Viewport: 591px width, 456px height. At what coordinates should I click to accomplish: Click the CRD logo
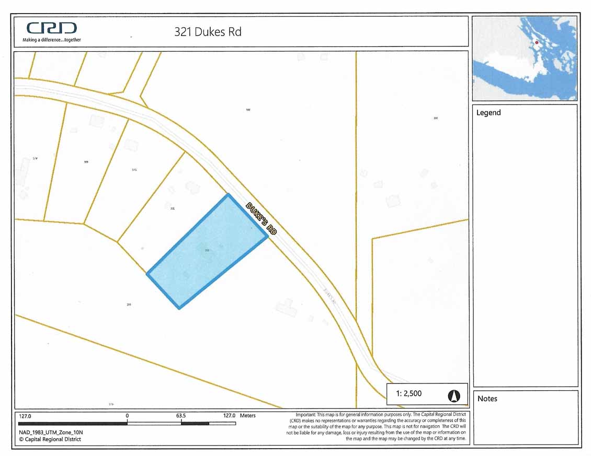coord(51,28)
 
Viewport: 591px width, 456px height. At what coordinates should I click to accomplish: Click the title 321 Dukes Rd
coord(208,31)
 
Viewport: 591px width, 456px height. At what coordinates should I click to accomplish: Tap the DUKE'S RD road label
coord(261,218)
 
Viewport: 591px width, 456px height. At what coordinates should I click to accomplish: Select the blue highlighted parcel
coord(207,251)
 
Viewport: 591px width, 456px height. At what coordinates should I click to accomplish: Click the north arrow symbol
coord(453,396)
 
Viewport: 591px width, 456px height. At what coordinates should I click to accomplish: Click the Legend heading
coord(488,113)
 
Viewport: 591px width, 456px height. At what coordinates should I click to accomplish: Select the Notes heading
coord(487,399)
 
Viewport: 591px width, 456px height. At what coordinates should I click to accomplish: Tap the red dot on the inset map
coord(537,43)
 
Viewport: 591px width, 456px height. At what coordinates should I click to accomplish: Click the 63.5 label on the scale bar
coord(181,416)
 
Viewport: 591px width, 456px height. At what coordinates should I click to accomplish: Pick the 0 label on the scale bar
coord(127,416)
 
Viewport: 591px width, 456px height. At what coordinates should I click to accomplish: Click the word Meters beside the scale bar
coord(247,416)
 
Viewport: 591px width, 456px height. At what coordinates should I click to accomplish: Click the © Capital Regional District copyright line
coord(50,439)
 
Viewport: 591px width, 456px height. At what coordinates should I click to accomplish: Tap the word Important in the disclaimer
coord(306,414)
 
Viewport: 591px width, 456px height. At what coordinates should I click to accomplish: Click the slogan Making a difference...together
coord(51,40)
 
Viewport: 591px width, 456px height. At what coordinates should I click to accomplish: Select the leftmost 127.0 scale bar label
coord(25,416)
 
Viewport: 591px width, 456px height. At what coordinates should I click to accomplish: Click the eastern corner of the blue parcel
coord(267,237)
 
